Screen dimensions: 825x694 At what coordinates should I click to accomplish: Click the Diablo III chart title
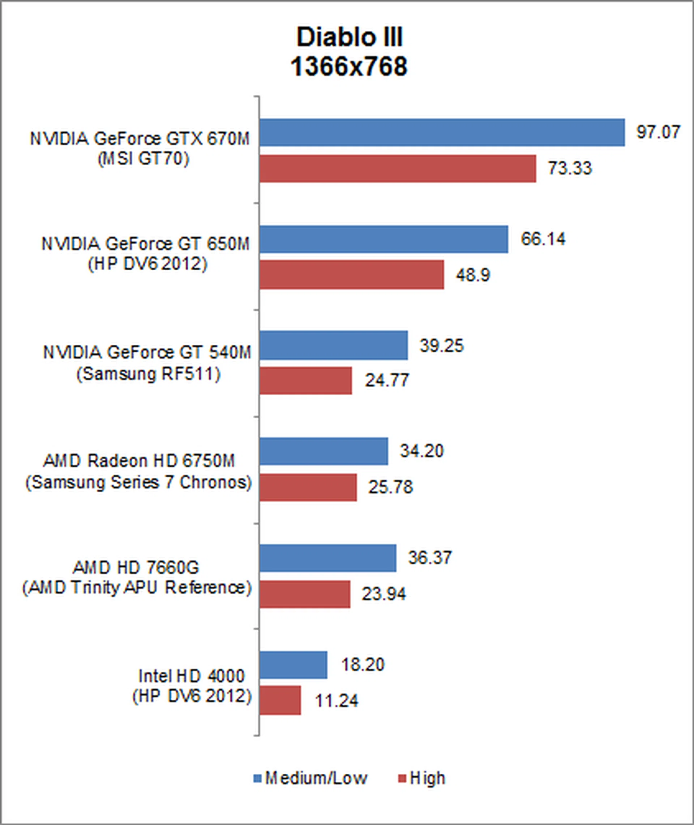click(350, 38)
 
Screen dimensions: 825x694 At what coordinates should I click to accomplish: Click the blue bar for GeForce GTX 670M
click(442, 133)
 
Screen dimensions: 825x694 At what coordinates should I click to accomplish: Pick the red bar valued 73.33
click(397, 168)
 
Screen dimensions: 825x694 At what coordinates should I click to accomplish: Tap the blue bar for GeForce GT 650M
click(384, 239)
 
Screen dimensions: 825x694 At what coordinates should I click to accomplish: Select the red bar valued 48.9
click(351, 275)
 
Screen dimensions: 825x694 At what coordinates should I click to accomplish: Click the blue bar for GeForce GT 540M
click(333, 345)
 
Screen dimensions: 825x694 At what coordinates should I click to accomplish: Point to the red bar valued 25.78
click(308, 487)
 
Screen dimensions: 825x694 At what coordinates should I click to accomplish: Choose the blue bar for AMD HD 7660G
click(328, 558)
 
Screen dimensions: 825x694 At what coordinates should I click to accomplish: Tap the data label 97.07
click(658, 132)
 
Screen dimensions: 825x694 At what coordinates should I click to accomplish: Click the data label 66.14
click(543, 239)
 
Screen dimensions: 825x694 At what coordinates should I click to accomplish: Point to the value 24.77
click(387, 380)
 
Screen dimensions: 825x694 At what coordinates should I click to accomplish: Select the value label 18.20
click(362, 665)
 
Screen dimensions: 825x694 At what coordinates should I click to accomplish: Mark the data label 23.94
click(384, 594)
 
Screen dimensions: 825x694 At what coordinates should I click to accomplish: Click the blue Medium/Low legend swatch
click(257, 778)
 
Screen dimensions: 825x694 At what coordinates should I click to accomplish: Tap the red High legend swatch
click(402, 778)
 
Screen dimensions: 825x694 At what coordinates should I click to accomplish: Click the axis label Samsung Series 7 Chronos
click(138, 482)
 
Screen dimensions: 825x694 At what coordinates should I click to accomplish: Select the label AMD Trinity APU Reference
click(137, 588)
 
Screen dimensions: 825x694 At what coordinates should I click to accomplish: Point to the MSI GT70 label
click(143, 159)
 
